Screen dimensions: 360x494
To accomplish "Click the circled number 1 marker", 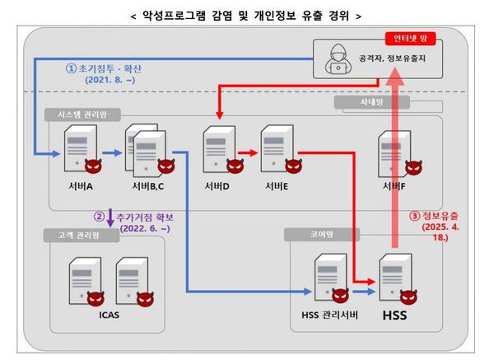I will click(x=72, y=69).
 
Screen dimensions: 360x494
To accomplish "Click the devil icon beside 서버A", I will click(x=96, y=165).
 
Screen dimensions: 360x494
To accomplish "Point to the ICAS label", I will click(x=109, y=315).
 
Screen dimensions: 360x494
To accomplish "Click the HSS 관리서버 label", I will click(x=328, y=315).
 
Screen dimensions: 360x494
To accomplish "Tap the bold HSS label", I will click(x=393, y=315).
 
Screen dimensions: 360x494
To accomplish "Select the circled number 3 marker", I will click(x=416, y=217).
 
